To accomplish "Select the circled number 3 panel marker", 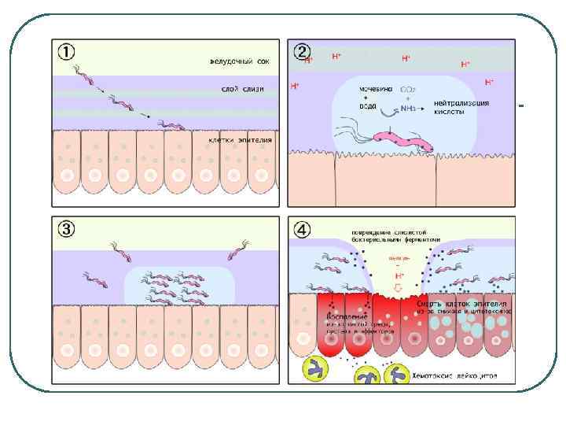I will coord(67,229).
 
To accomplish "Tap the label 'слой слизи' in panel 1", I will coord(242,89).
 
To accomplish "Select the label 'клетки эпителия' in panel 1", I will coord(241,140).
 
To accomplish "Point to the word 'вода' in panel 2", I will coord(368,106).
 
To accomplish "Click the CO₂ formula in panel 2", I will coord(409,89).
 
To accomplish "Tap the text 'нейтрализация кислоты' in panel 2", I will coord(461,107).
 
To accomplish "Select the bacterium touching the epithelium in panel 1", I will coord(170,124).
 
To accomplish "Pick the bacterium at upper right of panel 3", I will coord(237,252).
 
